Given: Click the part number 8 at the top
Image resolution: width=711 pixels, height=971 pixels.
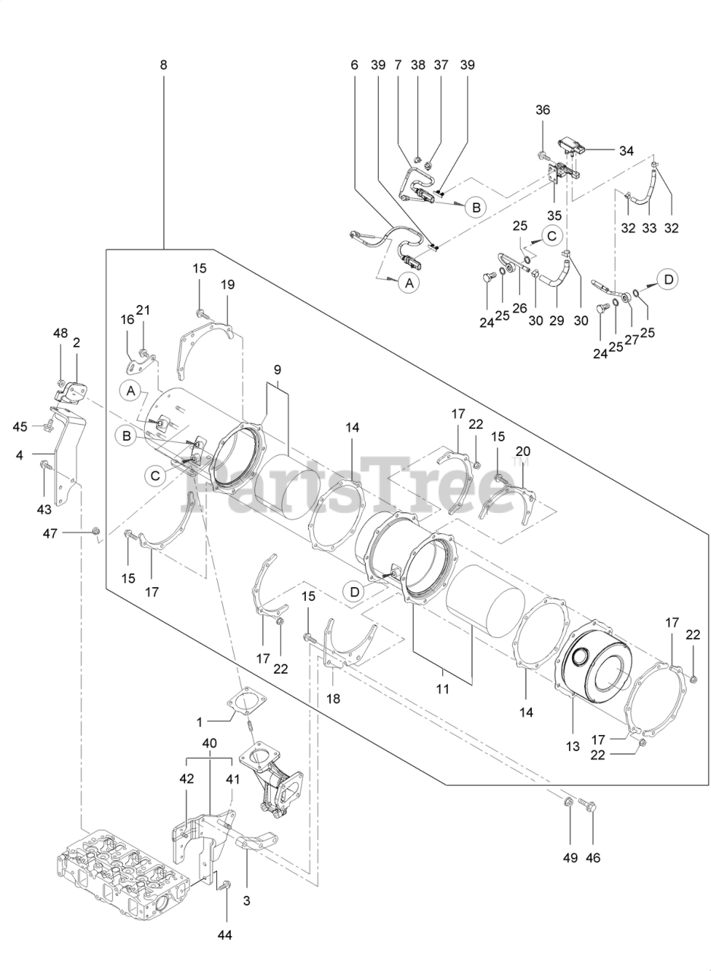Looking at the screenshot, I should click(x=164, y=65).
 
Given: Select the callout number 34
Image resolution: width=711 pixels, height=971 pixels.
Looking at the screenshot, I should click(x=625, y=151).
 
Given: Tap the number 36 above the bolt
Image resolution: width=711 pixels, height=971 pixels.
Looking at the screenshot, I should click(x=543, y=110).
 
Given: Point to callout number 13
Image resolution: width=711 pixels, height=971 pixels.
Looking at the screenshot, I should click(x=573, y=746).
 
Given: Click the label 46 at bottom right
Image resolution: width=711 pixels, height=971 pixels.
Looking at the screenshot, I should click(x=593, y=858).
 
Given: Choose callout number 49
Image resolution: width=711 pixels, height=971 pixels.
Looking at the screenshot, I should click(x=570, y=858).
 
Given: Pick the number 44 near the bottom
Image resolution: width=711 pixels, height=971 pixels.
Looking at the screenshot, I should click(x=225, y=935).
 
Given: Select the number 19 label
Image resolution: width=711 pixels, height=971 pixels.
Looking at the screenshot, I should click(x=228, y=284).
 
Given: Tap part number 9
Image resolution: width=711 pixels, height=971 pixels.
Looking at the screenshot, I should click(x=278, y=370).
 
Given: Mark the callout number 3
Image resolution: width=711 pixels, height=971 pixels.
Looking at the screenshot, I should click(x=247, y=900).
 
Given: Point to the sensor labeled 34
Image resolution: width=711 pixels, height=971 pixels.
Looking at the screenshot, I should click(x=571, y=147).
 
